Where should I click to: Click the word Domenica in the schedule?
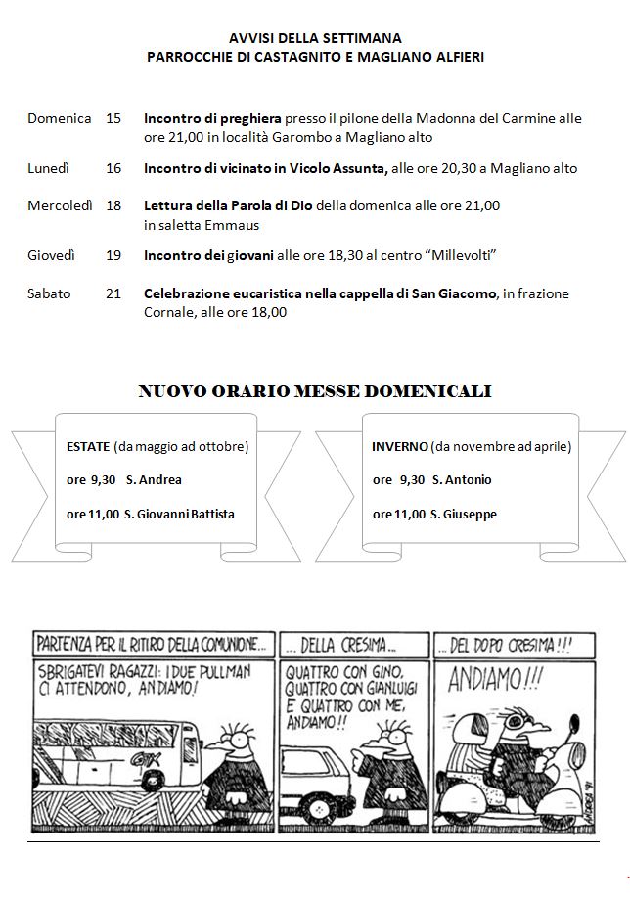click(60, 118)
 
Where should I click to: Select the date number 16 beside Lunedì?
click(113, 168)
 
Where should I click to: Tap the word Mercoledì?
click(61, 205)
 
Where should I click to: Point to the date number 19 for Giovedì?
click(113, 255)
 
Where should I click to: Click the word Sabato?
click(49, 293)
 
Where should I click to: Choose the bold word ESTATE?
click(88, 446)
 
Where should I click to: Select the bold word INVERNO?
click(399, 446)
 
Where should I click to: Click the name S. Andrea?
click(154, 480)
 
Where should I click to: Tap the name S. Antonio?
click(462, 480)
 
